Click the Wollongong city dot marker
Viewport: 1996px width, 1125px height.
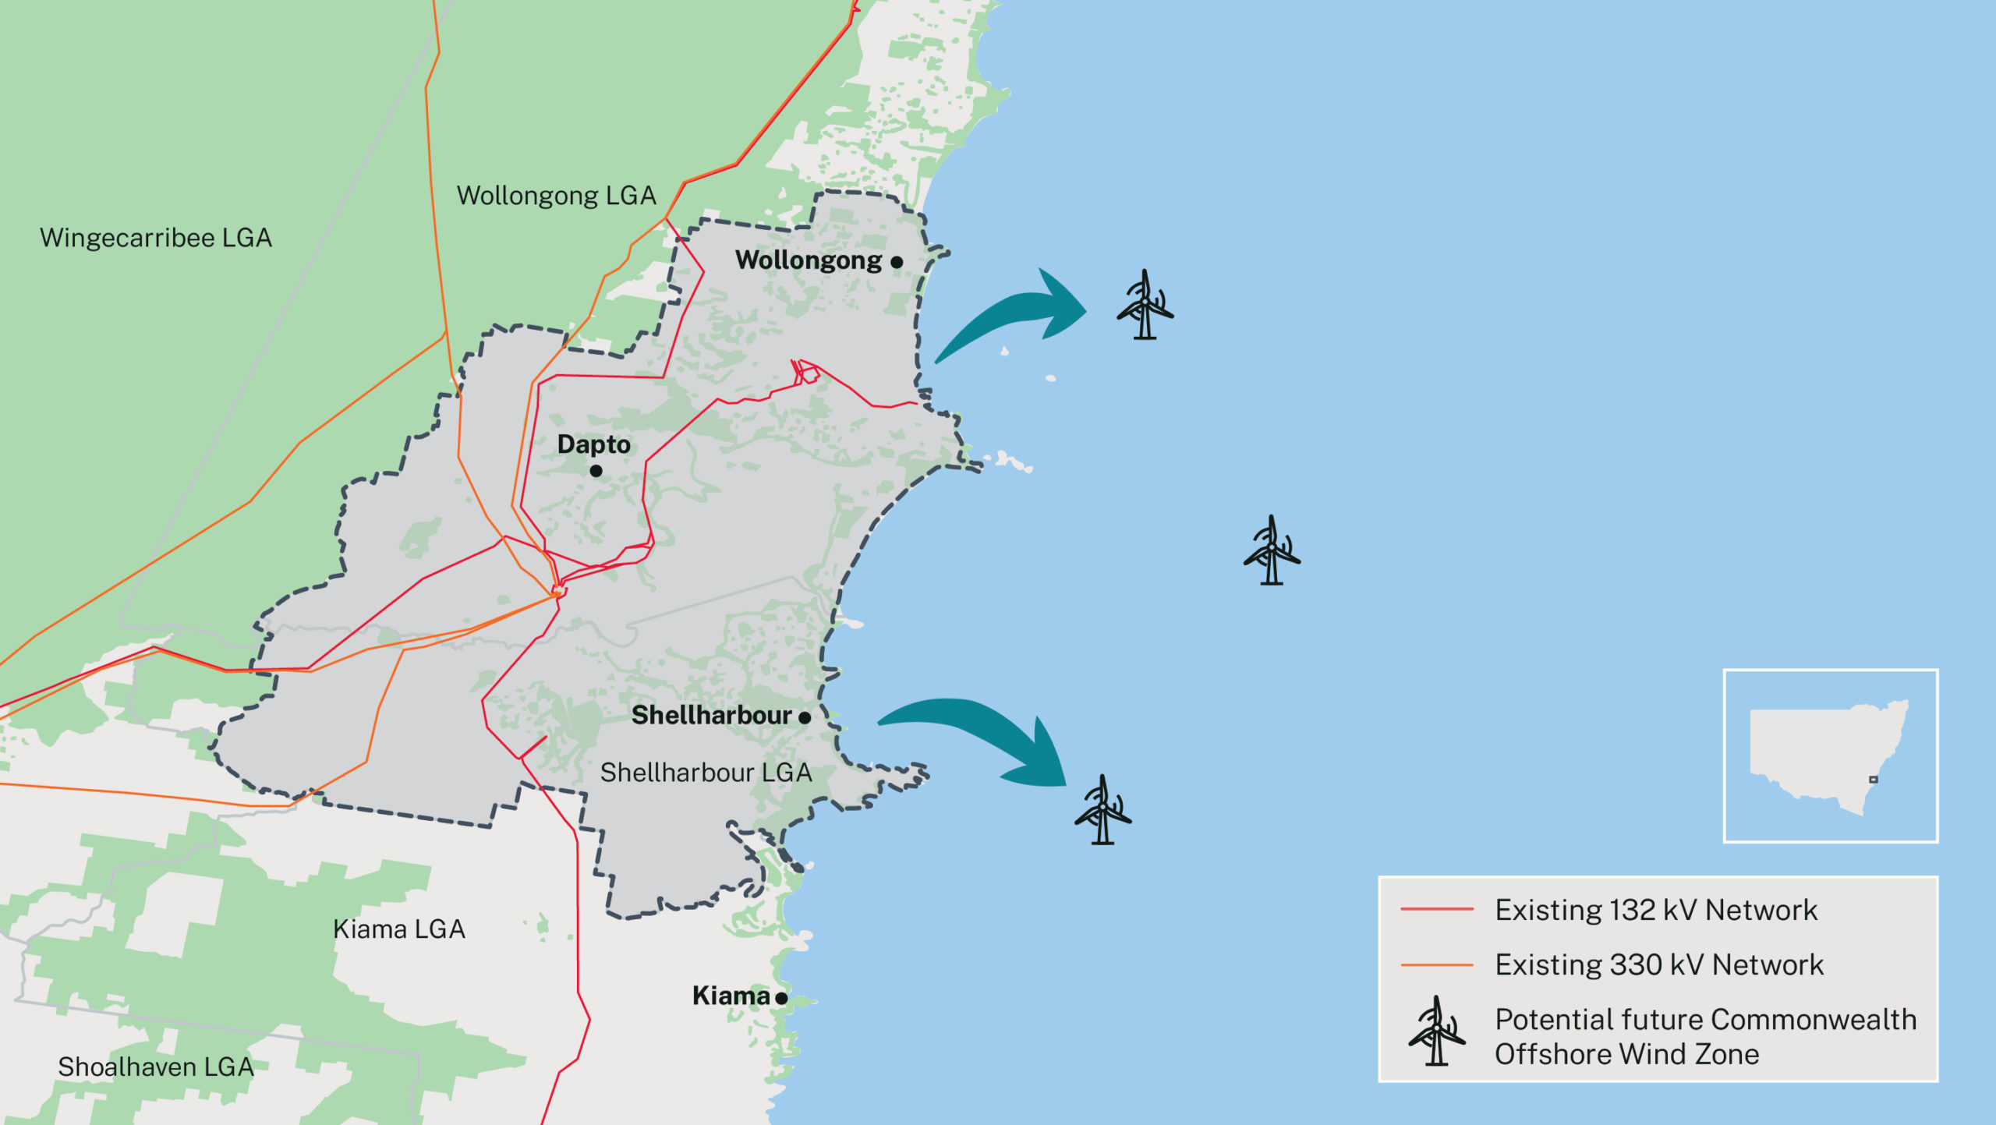[x=897, y=263]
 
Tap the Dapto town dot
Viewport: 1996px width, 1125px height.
[x=596, y=471]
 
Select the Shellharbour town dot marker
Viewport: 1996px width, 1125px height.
[x=805, y=717]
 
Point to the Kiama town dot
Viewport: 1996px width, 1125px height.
[x=781, y=998]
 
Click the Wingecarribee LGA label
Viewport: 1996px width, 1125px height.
[x=156, y=238]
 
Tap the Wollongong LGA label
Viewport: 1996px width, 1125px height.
[x=556, y=196]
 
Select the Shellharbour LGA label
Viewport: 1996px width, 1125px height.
[x=706, y=773]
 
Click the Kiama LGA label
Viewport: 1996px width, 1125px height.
[x=398, y=929]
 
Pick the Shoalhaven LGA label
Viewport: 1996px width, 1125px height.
[x=156, y=1067]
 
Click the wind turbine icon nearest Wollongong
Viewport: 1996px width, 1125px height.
[x=1144, y=306]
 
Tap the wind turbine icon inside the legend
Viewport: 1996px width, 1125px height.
[x=1436, y=1032]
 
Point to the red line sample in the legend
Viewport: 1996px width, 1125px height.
[x=1436, y=910]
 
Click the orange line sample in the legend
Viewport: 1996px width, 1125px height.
[x=1436, y=965]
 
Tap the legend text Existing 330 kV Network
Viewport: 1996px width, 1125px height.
[x=1659, y=965]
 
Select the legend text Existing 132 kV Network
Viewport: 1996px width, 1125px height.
[x=1656, y=910]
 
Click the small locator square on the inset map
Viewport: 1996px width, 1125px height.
[x=1873, y=780]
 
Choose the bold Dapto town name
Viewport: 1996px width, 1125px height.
[x=593, y=444]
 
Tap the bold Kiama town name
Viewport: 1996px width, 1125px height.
[x=731, y=996]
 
